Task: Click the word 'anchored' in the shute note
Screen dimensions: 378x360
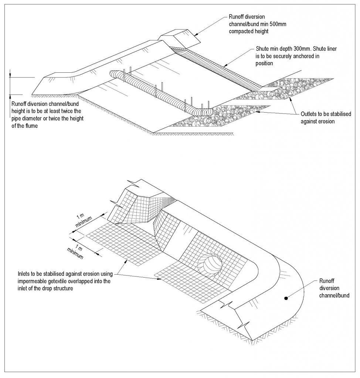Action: tap(312, 56)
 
